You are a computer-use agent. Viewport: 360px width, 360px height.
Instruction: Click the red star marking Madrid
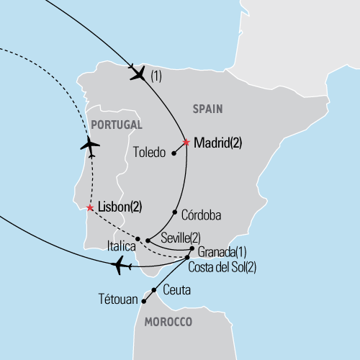click(x=186, y=143)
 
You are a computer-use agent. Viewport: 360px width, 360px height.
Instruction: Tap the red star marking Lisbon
click(x=89, y=208)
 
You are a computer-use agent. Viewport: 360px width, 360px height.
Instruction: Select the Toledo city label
click(x=150, y=153)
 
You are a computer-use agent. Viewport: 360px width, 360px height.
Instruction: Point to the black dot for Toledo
click(x=174, y=153)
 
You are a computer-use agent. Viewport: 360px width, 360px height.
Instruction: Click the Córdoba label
click(x=202, y=215)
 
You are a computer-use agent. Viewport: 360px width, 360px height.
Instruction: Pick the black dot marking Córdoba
click(x=174, y=212)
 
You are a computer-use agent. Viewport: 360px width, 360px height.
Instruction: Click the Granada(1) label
click(x=222, y=252)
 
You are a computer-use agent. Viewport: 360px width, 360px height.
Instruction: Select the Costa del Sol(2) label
click(x=222, y=266)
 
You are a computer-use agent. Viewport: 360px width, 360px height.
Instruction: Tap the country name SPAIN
click(x=207, y=109)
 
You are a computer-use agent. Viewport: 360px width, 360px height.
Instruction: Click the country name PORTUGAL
click(x=115, y=125)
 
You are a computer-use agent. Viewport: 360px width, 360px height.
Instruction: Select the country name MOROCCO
click(x=168, y=322)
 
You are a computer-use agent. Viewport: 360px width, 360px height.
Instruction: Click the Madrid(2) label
click(x=217, y=143)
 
